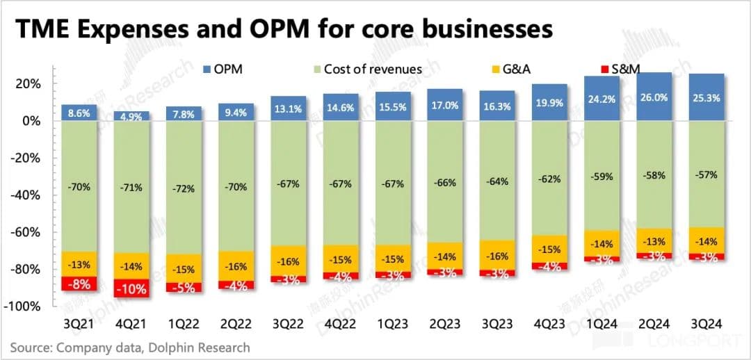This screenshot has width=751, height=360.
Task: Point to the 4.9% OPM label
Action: point(131,116)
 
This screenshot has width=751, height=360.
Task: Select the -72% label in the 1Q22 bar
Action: point(184,188)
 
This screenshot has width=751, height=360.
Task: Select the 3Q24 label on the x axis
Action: point(706,323)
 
